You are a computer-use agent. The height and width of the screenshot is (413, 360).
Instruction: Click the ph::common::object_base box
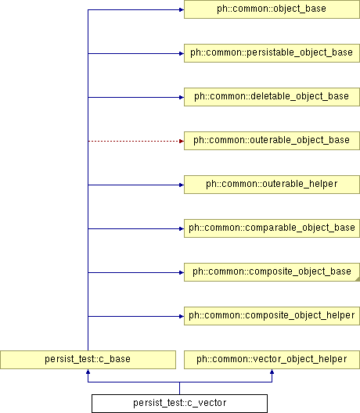tap(272, 9)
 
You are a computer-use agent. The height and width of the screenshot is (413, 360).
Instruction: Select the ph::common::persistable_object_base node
tap(272, 53)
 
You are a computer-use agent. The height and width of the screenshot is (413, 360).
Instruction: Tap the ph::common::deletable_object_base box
tap(272, 97)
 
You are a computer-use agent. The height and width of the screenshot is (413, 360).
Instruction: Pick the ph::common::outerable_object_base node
tap(272, 141)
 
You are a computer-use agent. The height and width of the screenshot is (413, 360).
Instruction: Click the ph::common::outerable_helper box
tap(272, 185)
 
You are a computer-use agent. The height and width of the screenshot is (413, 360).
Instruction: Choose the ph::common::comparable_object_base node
tap(272, 228)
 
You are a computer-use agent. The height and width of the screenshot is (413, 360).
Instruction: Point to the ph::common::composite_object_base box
tap(272, 272)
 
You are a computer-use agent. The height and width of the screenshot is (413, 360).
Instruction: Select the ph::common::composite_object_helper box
tap(272, 316)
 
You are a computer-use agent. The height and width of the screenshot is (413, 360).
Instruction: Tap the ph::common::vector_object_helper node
tap(272, 360)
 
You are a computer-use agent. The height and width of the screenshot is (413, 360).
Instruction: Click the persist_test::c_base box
tap(88, 360)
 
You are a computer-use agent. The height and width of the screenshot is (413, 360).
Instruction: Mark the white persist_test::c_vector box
tap(179, 404)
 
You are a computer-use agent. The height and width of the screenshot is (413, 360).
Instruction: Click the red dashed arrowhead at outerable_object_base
tap(182, 141)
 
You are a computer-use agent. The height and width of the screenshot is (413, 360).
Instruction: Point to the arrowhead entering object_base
tap(182, 9)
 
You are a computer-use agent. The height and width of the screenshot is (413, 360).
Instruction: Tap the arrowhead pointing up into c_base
tap(88, 372)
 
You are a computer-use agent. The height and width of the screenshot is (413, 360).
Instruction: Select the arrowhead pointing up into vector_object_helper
tap(272, 372)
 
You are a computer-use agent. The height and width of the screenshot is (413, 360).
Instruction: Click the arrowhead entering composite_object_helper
tap(182, 316)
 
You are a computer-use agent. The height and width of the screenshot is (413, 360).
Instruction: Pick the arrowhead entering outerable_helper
tap(182, 185)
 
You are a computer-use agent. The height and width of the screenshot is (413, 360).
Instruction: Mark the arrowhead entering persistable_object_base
tap(182, 53)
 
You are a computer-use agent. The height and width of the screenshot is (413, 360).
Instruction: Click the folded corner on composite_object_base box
tap(358, 279)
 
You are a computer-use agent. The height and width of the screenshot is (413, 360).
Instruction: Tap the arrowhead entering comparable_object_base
tap(182, 228)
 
